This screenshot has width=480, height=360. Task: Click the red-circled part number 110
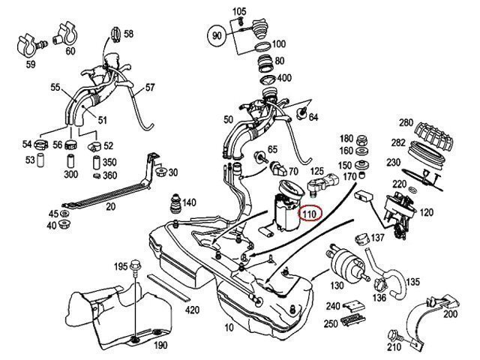(x=309, y=214)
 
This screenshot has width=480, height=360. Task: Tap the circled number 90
(x=217, y=35)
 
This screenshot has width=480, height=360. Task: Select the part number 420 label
(x=192, y=309)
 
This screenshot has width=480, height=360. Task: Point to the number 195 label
(x=121, y=267)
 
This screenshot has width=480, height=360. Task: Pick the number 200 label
(x=450, y=313)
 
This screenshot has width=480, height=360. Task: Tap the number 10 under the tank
(x=229, y=328)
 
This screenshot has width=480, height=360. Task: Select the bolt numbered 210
(x=393, y=335)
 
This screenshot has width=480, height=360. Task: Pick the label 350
(x=109, y=162)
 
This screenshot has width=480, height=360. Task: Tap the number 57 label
(x=150, y=88)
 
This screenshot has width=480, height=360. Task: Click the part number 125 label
(x=318, y=171)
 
